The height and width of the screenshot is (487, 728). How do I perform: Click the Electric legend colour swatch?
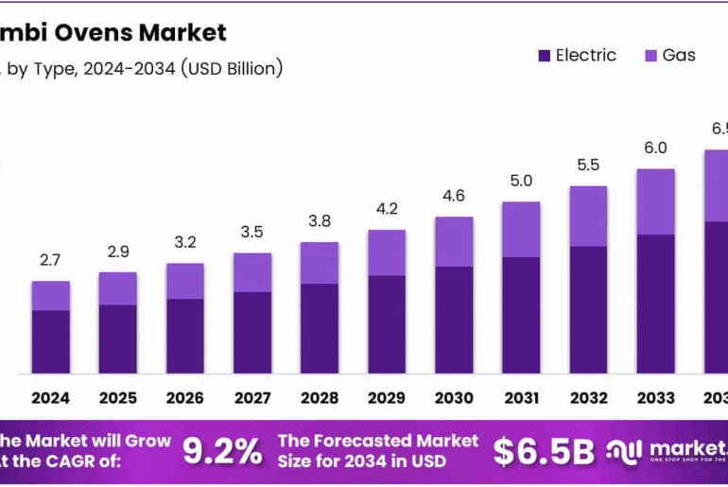pyautogui.click(x=545, y=56)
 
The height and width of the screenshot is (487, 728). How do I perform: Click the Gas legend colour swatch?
pyautogui.click(x=651, y=56)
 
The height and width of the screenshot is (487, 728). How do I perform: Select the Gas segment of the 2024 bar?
pyautogui.click(x=50, y=295)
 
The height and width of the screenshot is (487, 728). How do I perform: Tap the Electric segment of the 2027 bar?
pyautogui.click(x=252, y=332)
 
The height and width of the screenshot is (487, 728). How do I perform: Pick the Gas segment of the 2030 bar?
pyautogui.click(x=454, y=241)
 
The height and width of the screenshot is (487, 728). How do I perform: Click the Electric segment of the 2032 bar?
pyautogui.click(x=588, y=309)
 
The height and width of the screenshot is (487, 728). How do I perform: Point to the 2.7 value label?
pyautogui.click(x=50, y=260)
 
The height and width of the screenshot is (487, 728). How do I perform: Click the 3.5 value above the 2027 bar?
pyautogui.click(x=252, y=232)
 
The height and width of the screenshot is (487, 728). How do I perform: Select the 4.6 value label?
pyautogui.click(x=454, y=196)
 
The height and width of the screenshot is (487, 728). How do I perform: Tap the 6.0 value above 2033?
pyautogui.click(x=655, y=148)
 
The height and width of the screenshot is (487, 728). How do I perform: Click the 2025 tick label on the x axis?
pyautogui.click(x=117, y=398)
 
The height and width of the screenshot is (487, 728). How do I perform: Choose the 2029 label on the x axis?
pyautogui.click(x=387, y=398)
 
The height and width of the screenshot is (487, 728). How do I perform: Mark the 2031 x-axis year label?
pyautogui.click(x=521, y=398)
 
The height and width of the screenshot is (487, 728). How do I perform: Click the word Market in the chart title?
pyautogui.click(x=182, y=33)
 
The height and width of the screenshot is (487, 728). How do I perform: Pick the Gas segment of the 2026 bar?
pyautogui.click(x=185, y=281)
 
